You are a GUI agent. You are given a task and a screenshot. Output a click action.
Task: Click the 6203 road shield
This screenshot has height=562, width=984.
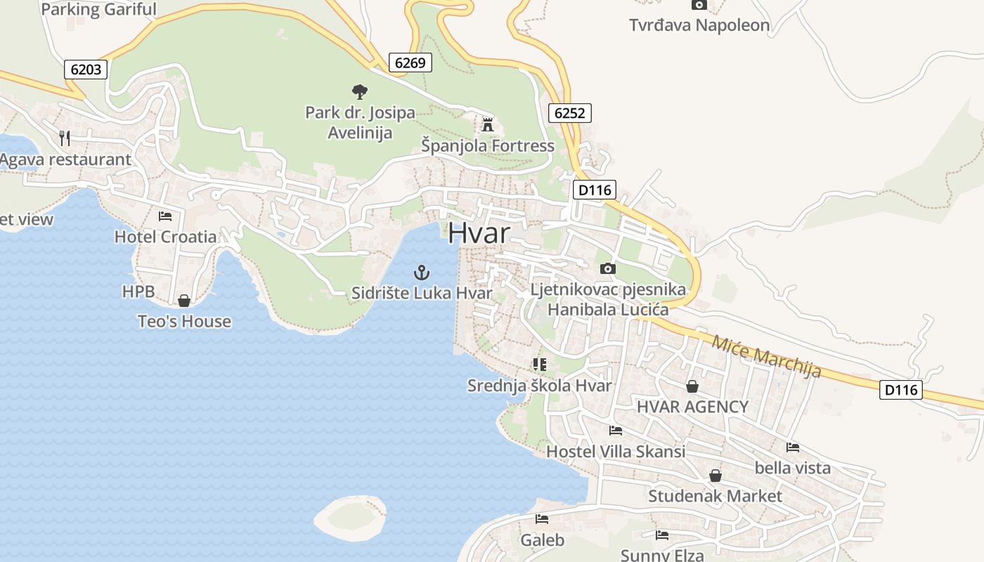pyautogui.click(x=86, y=69)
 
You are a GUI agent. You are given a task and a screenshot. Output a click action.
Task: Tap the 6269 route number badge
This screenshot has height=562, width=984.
pyautogui.click(x=410, y=63)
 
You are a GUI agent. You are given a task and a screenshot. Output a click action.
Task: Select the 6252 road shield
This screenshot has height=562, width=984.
pyautogui.click(x=569, y=112)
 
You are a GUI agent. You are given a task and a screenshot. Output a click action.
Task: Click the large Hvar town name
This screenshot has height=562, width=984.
pyautogui.click(x=479, y=233)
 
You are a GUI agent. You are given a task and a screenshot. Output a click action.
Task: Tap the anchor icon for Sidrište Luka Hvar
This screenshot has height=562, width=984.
pyautogui.click(x=421, y=272)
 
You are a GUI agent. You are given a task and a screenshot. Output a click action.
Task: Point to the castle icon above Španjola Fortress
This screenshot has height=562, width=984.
pyautogui.click(x=487, y=125)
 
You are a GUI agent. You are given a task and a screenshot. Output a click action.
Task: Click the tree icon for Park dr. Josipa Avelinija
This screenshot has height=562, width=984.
pyautogui.click(x=359, y=91)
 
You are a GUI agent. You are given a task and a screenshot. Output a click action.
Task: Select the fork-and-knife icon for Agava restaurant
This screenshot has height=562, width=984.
pyautogui.click(x=65, y=138)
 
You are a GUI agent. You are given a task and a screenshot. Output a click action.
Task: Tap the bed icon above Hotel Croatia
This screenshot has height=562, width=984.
pyautogui.click(x=165, y=216)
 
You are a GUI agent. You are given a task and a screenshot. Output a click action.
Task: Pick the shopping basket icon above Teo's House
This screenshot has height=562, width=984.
pyautogui.click(x=184, y=301)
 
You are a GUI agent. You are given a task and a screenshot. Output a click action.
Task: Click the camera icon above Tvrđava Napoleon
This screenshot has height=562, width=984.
pyautogui.click(x=699, y=5)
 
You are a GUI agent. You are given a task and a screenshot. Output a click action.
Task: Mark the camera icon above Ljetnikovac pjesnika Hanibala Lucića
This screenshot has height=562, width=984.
pyautogui.click(x=608, y=268)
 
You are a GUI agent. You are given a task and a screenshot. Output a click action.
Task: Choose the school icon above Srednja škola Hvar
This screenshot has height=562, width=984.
pyautogui.click(x=539, y=364)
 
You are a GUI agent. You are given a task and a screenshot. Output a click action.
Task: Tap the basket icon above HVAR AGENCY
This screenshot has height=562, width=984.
pyautogui.click(x=692, y=386)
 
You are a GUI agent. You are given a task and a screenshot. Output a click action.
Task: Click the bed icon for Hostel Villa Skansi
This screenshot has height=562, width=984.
pyautogui.click(x=616, y=430)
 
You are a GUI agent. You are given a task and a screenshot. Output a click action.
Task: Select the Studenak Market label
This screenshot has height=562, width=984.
pyautogui.click(x=715, y=496)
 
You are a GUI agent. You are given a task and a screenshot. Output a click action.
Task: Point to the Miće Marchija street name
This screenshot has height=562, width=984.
pyautogui.click(x=766, y=356)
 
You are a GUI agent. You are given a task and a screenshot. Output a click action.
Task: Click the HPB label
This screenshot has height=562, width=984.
pyautogui.click(x=138, y=292)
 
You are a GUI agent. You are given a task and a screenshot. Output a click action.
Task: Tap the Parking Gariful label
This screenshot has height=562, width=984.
pyautogui.click(x=99, y=9)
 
